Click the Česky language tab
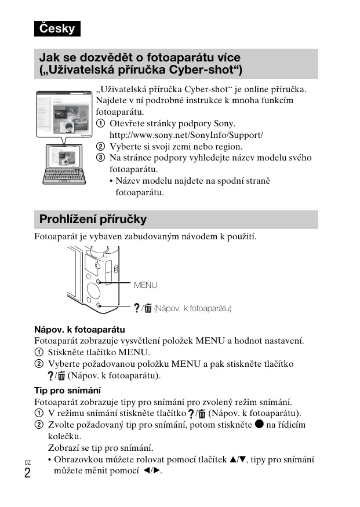tap(57, 28)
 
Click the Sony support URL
tap(186, 135)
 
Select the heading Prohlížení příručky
tap(93, 220)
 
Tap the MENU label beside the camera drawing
tap(146, 285)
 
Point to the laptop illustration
tap(64, 168)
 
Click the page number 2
tap(27, 473)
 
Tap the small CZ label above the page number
tap(27, 462)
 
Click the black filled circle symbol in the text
tap(259, 424)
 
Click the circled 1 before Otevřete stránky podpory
tap(101, 124)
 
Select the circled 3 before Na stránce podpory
tap(101, 158)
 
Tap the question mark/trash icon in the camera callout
tap(144, 308)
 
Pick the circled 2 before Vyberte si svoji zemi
tap(101, 147)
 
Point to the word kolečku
tap(64, 436)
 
